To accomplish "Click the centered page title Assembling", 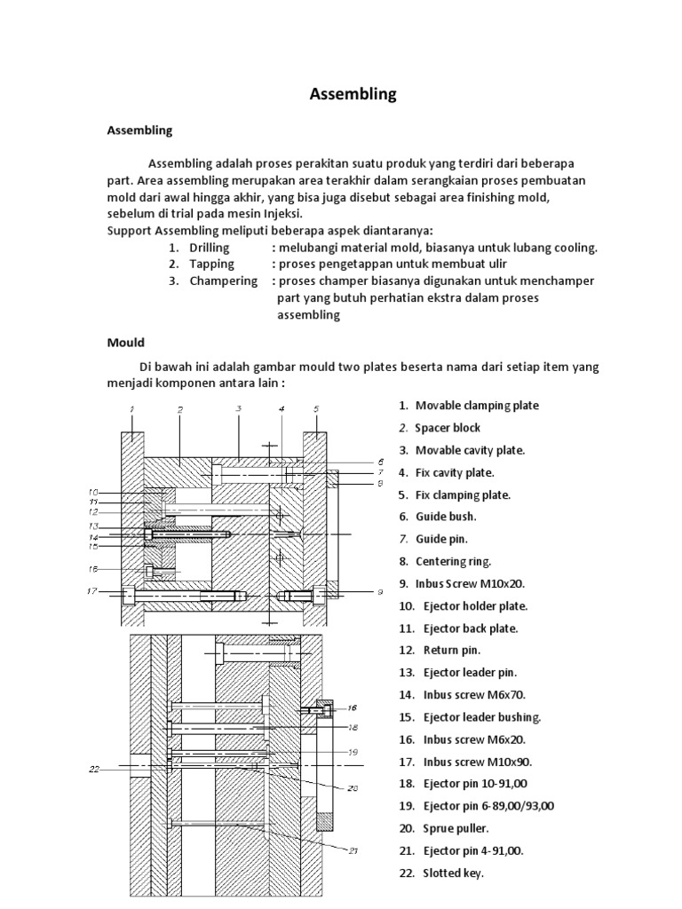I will (353, 94).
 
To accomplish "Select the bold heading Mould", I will (125, 341).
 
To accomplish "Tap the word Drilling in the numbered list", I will (210, 248).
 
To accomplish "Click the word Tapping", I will (211, 264).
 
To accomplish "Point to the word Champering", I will (223, 281).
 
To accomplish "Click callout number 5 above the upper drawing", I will (315, 409).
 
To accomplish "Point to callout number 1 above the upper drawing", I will (132, 409).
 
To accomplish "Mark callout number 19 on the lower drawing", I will (353, 750).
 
